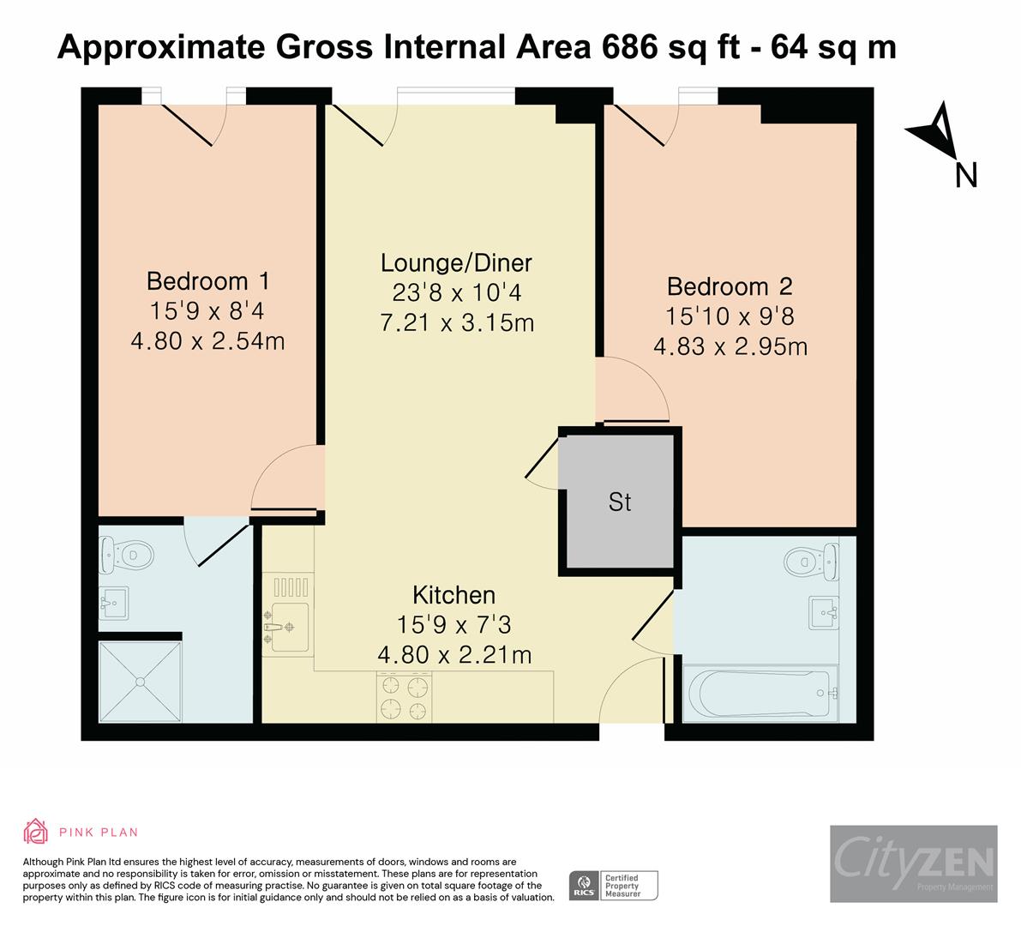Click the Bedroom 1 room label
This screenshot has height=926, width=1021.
pos(208,280)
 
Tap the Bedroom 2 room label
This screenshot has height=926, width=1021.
pos(730,286)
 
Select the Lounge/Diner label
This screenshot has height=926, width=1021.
pos(456,262)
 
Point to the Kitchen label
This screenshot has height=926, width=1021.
pos(453,595)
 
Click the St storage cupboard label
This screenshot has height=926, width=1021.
pos(620,502)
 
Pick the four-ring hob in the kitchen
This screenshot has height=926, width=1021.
pos(404,697)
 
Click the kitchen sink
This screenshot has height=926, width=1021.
pos(285,626)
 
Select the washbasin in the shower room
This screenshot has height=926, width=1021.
pos(112,603)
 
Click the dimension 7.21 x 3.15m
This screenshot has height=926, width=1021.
pos(456,323)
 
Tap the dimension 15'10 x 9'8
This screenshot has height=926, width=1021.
pos(730,316)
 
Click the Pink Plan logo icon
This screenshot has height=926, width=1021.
pos(36,832)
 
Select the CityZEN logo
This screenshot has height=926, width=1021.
pos(913,863)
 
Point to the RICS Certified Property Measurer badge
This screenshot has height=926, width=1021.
pos(614,886)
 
